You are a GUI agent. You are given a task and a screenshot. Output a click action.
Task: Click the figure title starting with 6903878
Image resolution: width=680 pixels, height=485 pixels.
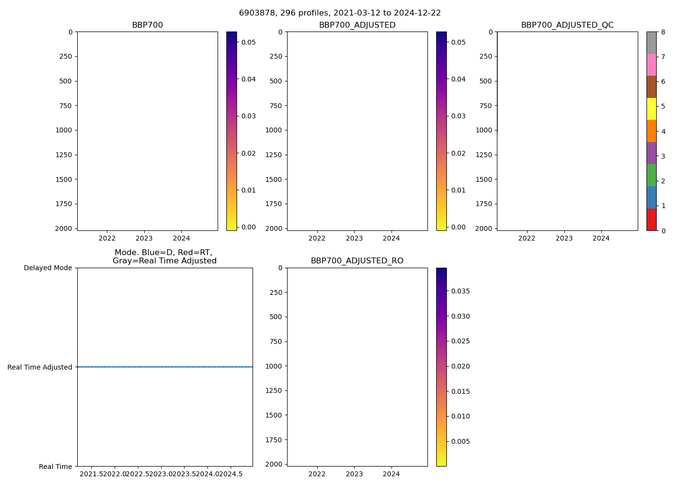340,13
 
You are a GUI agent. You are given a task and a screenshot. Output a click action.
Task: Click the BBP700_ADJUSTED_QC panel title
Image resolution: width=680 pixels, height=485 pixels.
567,25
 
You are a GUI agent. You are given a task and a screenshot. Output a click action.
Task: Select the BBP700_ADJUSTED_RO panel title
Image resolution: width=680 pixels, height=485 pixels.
357,261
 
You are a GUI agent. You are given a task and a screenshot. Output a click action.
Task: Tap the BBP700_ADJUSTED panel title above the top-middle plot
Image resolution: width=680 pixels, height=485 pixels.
357,25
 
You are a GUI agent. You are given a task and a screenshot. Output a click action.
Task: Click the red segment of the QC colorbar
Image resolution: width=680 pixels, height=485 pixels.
651,220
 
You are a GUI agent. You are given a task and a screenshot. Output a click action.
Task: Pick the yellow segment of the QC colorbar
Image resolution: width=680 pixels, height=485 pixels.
651,109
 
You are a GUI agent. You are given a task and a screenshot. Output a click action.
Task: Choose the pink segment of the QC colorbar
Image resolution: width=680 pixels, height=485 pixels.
651,65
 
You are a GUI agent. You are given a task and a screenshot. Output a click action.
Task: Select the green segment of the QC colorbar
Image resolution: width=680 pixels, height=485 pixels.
651,175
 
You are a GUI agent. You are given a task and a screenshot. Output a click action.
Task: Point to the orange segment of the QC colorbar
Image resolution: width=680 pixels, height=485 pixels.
651,131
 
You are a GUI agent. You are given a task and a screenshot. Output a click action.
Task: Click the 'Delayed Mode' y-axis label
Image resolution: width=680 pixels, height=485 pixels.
48,268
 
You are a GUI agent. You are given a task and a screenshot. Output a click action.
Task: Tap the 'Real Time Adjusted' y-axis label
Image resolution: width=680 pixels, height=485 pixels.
40,367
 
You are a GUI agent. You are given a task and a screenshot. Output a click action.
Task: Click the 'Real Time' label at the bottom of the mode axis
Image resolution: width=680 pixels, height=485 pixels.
55,467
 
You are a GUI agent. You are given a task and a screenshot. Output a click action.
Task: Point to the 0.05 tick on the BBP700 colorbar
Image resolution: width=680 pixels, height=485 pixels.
249,42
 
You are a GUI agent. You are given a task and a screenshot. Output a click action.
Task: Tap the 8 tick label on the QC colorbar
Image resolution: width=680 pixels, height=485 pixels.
663,32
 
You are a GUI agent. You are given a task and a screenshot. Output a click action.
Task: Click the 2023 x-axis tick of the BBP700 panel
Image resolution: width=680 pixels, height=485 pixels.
144,238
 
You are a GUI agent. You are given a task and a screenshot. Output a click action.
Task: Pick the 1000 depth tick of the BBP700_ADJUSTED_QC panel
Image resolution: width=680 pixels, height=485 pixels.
484,130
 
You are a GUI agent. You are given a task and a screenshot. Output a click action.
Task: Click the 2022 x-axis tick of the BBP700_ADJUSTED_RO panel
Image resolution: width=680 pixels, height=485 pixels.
317,474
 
